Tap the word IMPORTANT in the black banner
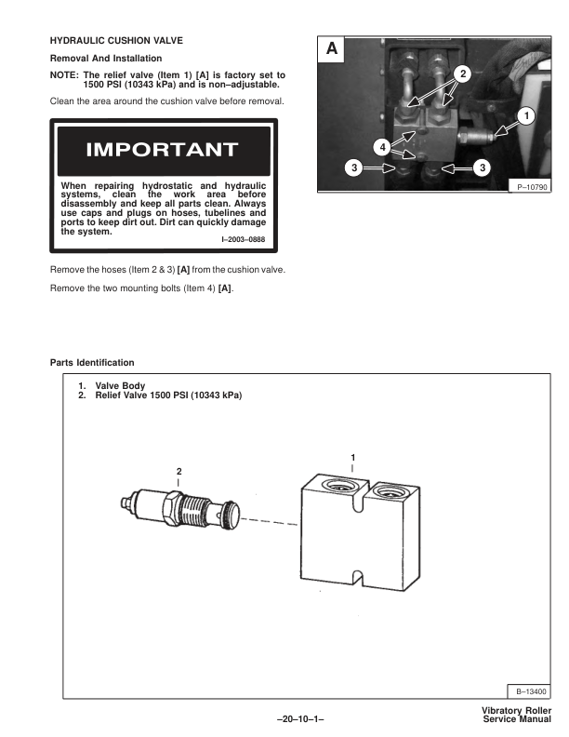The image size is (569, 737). coord(162,150)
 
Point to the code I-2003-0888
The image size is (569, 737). coord(243,239)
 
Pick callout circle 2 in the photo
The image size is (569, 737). coord(463,73)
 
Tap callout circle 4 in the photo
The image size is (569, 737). coord(382,146)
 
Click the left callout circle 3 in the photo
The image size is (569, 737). coord(351,168)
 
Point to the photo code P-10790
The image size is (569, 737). coord(533,187)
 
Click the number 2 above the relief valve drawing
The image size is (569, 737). coord(179,471)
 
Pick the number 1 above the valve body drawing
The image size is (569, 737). coord(352,457)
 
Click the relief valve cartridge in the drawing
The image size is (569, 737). coord(181,509)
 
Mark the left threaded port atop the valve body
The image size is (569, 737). coord(337,488)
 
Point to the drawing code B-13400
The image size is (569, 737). coord(531,691)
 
